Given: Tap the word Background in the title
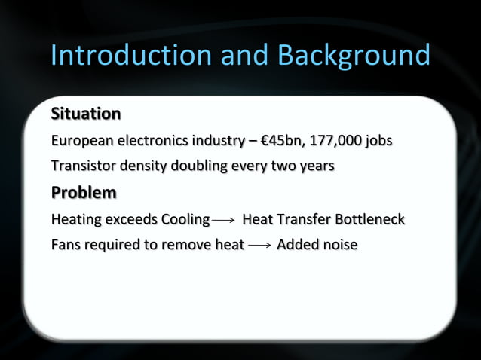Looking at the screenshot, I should click(354, 56).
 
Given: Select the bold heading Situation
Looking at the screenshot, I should click(85, 114).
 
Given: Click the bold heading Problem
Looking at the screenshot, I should click(83, 193).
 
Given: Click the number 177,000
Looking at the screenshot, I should click(335, 141).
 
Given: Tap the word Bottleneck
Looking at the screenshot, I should click(369, 220).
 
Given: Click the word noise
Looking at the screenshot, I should click(339, 245).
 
